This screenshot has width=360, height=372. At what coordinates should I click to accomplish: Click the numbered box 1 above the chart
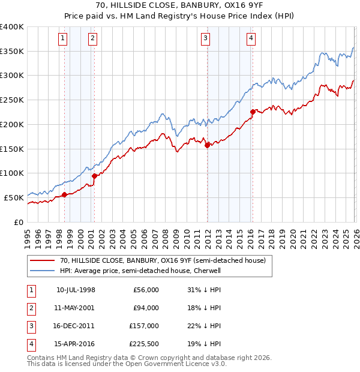64,38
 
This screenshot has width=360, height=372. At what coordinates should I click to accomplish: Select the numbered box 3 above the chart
206,38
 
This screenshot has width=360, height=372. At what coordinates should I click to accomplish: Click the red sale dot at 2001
94,176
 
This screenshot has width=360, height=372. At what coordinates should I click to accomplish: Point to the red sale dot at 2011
207,145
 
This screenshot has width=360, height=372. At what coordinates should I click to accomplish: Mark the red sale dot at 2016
253,111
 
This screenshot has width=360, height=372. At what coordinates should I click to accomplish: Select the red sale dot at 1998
64,194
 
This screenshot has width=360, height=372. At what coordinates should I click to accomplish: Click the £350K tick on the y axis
12,52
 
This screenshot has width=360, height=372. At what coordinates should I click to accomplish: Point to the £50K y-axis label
14,197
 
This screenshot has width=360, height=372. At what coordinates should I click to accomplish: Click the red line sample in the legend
42,260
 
